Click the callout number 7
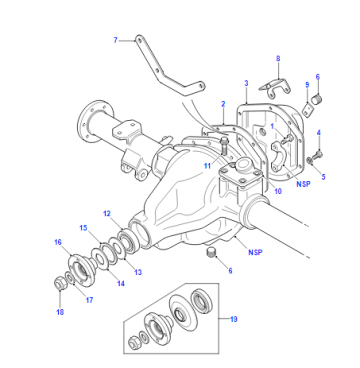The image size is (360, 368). tap(115, 40)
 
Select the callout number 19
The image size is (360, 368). tap(234, 319)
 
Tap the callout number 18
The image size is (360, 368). tap(60, 312)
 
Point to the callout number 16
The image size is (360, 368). tap(58, 242)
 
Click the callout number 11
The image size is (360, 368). tap(208, 165)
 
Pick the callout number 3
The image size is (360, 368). tap(246, 83)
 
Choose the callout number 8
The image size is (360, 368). tap(278, 59)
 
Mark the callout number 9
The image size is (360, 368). tap(307, 85)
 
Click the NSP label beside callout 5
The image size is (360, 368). tap(303, 184)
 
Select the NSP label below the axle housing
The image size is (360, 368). tap(255, 252)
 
